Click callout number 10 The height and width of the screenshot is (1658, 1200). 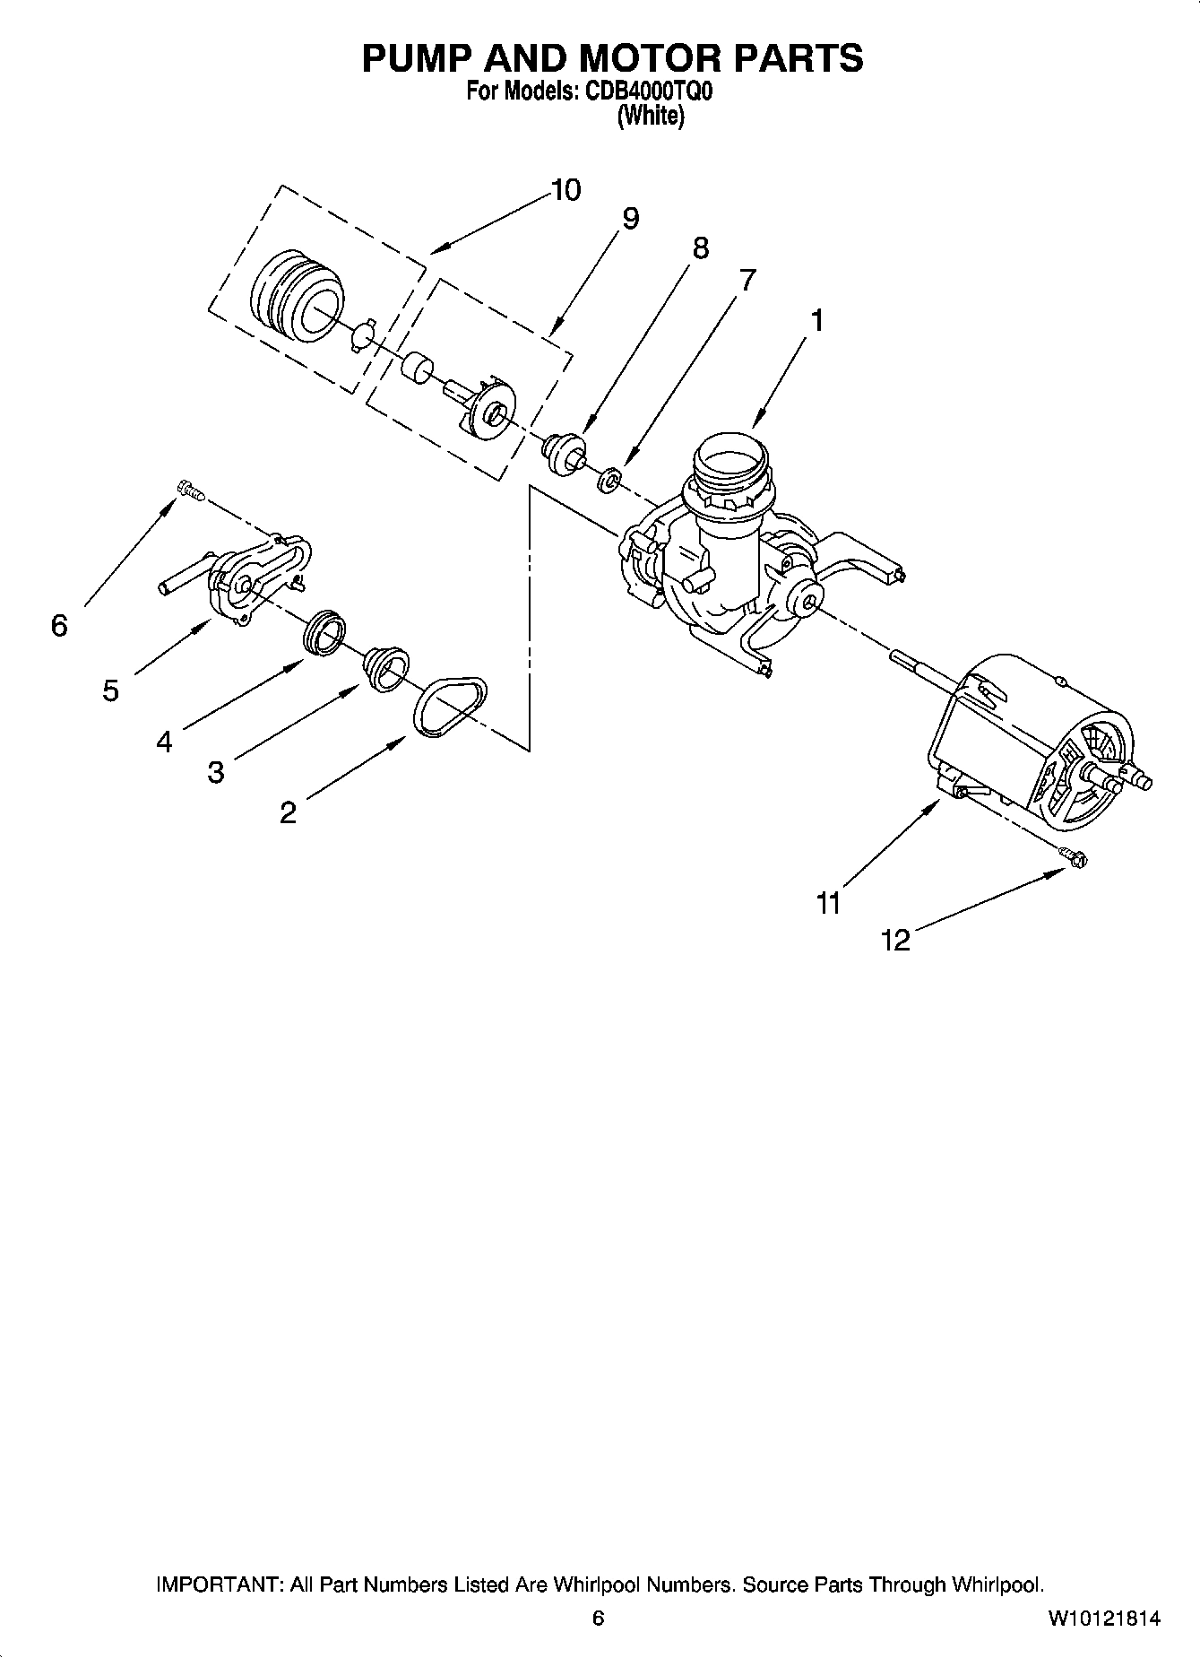pos(565,190)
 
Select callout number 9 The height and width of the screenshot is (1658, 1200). pos(630,219)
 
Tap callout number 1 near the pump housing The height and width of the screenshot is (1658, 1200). pos(816,321)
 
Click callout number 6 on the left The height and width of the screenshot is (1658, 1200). pos(59,626)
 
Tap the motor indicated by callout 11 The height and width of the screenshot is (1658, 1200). pos(1031,735)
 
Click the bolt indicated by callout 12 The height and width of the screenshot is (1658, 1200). pos(1072,857)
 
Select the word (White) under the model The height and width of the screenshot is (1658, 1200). pos(651,117)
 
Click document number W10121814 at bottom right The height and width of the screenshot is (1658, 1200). pos(1103,1618)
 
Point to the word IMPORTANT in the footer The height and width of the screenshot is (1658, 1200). pos(219,1584)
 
